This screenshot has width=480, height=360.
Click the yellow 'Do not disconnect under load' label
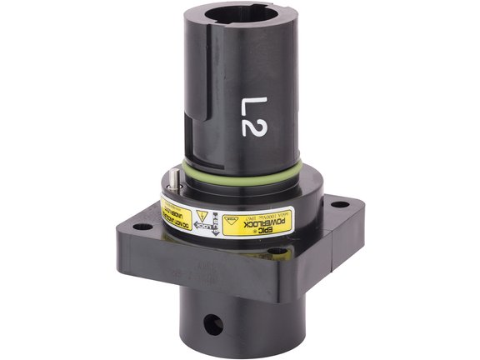click(x=176, y=212)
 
